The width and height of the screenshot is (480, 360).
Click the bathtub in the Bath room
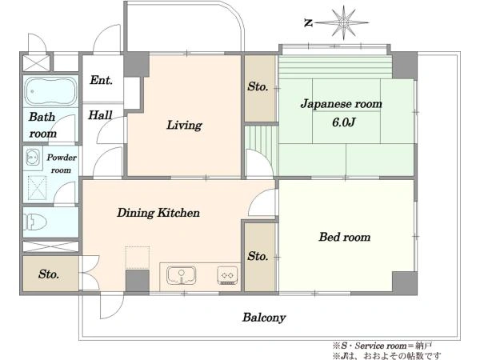click(x=51, y=91)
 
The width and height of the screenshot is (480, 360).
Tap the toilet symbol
click(x=36, y=222)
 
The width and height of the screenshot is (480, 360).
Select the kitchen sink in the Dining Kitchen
click(x=182, y=275)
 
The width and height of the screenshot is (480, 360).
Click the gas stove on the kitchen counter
click(x=227, y=275)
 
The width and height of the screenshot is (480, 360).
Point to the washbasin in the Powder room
click(x=33, y=157)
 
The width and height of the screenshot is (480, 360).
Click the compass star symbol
click(x=343, y=22)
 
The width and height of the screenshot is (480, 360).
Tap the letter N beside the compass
click(x=309, y=22)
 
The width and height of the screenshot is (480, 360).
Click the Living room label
click(x=184, y=126)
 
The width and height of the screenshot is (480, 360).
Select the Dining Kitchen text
click(x=158, y=213)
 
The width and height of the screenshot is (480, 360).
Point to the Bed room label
click(x=345, y=237)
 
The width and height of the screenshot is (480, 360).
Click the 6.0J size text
click(x=343, y=122)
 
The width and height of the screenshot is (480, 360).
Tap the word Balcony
click(x=264, y=318)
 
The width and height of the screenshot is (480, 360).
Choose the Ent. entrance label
click(x=101, y=80)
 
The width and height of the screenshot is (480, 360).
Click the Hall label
click(x=100, y=115)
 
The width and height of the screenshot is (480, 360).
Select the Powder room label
click(x=62, y=164)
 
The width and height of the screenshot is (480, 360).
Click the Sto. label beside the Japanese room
click(x=258, y=87)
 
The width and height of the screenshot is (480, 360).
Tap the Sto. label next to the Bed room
click(x=258, y=256)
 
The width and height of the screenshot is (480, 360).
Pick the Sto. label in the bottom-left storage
click(x=49, y=274)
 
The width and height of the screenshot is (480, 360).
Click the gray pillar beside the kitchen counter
click(x=138, y=281)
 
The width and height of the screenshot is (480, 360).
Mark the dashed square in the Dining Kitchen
click(x=138, y=258)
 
